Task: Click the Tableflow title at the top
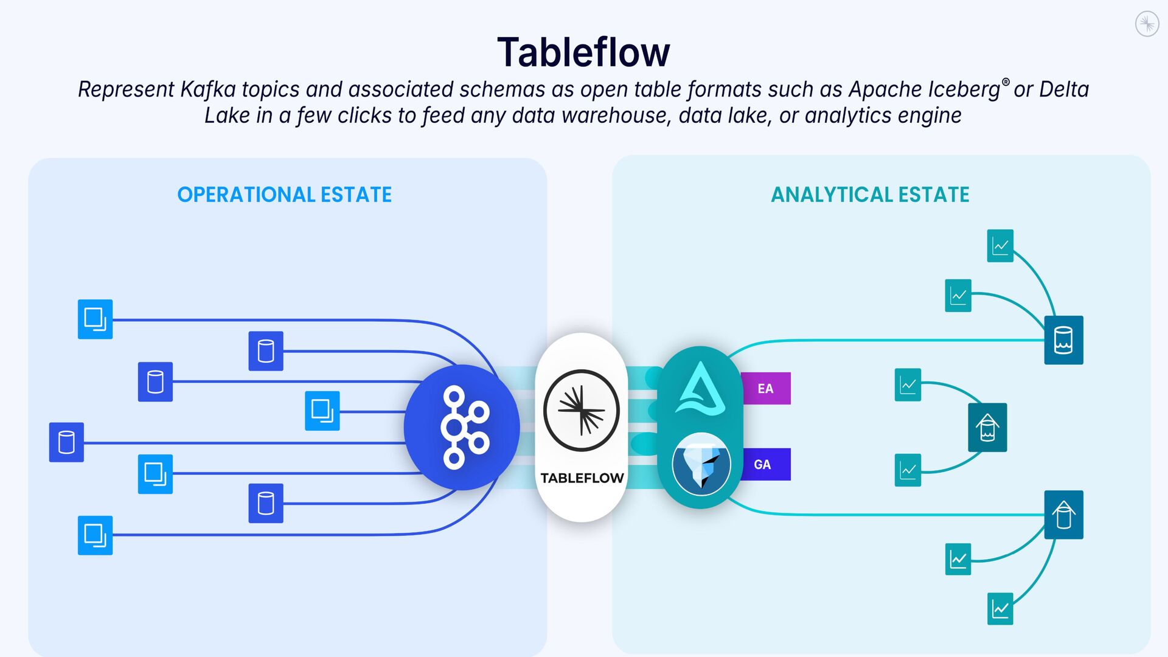[x=583, y=52]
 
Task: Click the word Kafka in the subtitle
[x=208, y=89]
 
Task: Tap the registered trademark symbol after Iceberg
[x=1006, y=82]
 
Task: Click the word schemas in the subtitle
[x=502, y=89]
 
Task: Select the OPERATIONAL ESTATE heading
[x=284, y=195]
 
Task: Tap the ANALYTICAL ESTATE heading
[x=870, y=195]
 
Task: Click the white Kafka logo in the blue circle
[x=464, y=428]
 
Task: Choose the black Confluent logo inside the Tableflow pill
[x=582, y=411]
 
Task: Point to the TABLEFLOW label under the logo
[x=582, y=478]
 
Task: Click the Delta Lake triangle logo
[x=701, y=389]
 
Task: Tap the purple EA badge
[x=765, y=389]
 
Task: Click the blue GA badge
[x=763, y=465]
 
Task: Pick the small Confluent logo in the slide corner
[x=1147, y=24]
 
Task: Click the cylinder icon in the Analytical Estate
[x=1063, y=340]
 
